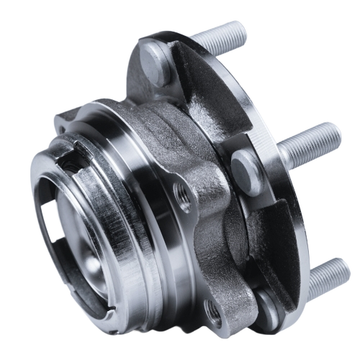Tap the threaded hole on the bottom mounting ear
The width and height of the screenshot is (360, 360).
pos(214,311)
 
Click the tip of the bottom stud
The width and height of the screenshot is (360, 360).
pos(347,268)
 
